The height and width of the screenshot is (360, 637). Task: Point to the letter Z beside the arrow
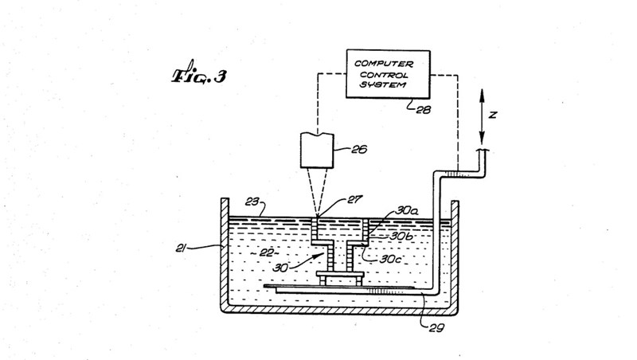[493, 114]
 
